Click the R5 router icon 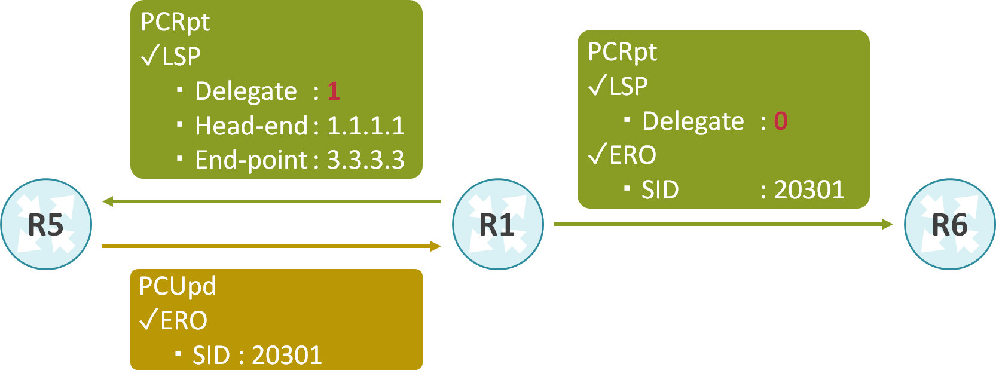click(x=46, y=224)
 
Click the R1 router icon click(x=497, y=224)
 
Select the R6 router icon click(x=949, y=224)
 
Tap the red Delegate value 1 click(x=334, y=91)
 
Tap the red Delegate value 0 click(x=781, y=121)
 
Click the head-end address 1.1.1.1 click(x=366, y=126)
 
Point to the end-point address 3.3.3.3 click(x=366, y=160)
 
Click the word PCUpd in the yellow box click(x=178, y=286)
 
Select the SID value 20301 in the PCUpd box click(x=287, y=356)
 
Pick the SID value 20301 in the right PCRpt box click(x=809, y=190)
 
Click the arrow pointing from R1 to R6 click(x=723, y=224)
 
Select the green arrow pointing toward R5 click(x=271, y=201)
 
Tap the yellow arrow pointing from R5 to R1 click(x=271, y=246)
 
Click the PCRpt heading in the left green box click(x=175, y=23)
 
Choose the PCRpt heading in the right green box click(x=622, y=53)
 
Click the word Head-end click(x=251, y=126)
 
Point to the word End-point click(x=251, y=160)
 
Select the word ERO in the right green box click(x=633, y=155)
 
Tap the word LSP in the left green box click(x=182, y=57)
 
